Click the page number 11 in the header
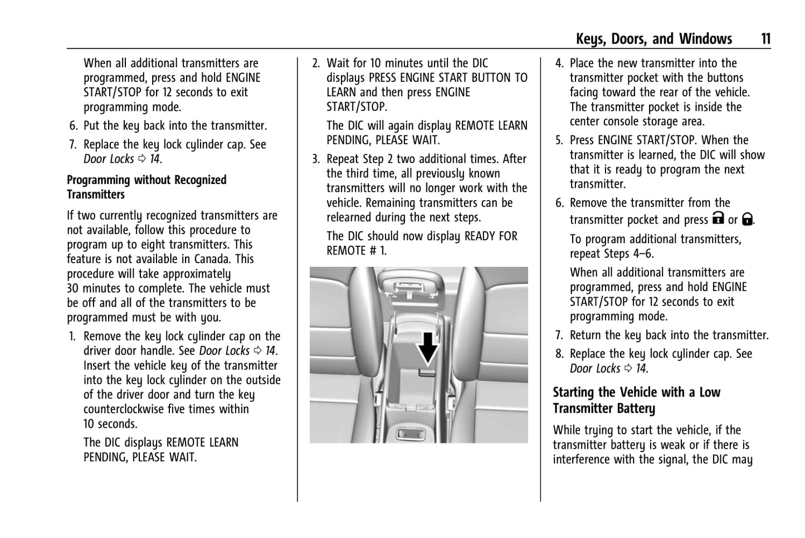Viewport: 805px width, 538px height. [x=765, y=38]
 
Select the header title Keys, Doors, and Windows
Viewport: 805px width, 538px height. [x=653, y=38]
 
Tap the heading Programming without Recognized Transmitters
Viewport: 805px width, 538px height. [x=147, y=187]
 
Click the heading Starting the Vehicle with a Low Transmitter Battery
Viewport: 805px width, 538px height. [x=636, y=400]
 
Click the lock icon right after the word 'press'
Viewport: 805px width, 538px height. [x=718, y=219]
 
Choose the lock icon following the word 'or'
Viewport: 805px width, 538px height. [x=748, y=219]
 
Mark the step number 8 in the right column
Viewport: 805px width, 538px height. [x=559, y=354]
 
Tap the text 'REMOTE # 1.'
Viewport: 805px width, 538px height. [x=357, y=251]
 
